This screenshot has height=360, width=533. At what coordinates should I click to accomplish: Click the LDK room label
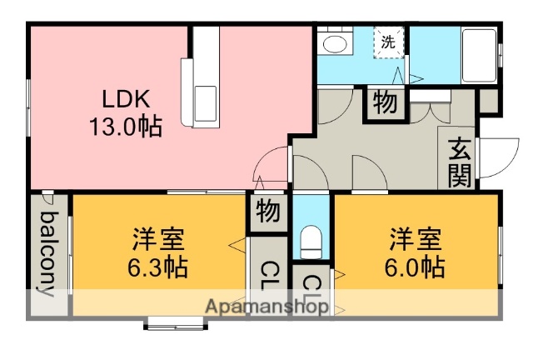click(126, 98)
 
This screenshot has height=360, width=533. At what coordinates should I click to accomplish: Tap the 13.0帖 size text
click(126, 126)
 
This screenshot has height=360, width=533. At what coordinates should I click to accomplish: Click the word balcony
click(48, 254)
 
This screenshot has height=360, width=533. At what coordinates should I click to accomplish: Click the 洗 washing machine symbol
click(389, 42)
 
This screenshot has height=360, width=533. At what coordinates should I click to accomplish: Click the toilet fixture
click(311, 242)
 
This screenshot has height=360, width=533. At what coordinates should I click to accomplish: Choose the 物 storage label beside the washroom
click(384, 102)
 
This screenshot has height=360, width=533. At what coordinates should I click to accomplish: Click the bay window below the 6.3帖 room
click(176, 322)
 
